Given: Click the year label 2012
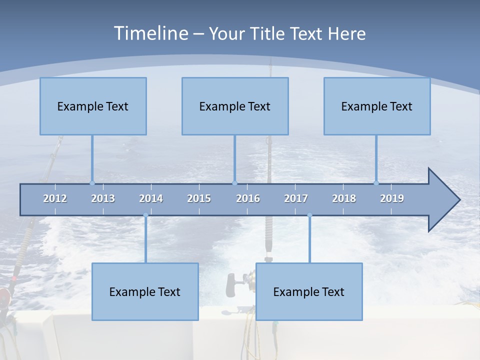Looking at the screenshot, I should tap(55, 198).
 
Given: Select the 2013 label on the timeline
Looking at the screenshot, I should tap(103, 198).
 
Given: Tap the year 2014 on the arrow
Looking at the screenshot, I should tap(151, 198).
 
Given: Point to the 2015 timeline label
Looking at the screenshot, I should tap(199, 198).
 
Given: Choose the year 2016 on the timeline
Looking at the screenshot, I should tap(248, 198).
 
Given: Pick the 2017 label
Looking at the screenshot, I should tap(296, 198).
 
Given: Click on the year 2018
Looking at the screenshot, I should tap(344, 198).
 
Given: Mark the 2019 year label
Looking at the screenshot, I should tap(392, 198).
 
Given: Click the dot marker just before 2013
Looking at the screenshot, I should tap(92, 183).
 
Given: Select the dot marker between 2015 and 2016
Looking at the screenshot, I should tap(234, 183).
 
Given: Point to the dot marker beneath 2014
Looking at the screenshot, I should tap(145, 215).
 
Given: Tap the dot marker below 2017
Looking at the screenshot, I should tap(309, 215).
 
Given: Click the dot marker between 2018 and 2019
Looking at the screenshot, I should tap(376, 183).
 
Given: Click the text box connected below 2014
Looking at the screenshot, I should tap(145, 291).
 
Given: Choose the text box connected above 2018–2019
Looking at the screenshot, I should tap(377, 106).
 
